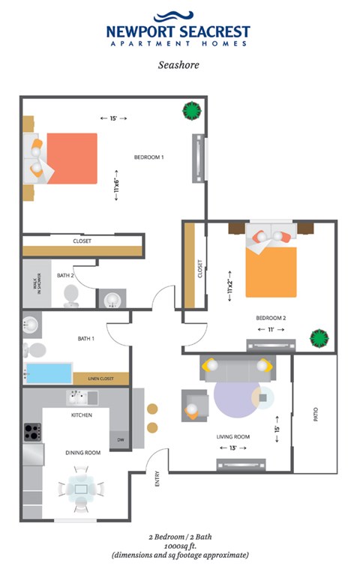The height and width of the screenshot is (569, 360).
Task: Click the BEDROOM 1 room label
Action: coord(148,157)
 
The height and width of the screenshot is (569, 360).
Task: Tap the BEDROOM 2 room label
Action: coord(274,317)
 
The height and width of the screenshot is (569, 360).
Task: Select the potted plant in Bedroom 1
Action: coord(192,111)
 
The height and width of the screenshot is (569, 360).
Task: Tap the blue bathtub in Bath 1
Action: coord(49,373)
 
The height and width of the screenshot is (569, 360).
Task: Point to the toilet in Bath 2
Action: coord(71,294)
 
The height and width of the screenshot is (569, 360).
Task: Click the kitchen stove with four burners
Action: coord(32,433)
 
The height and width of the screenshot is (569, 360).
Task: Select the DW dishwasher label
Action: coord(119,441)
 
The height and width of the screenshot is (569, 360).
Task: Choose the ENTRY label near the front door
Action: coord(157,478)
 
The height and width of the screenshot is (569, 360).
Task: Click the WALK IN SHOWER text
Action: coord(35,285)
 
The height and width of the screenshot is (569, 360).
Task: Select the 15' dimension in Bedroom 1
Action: coord(113,118)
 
